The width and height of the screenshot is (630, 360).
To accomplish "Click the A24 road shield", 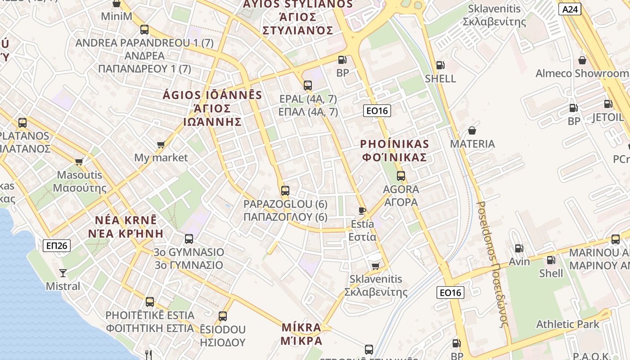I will pos(570,9).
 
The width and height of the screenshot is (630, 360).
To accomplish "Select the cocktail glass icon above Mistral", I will pos(63,273).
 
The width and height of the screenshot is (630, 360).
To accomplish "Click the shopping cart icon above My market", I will pos(161,144).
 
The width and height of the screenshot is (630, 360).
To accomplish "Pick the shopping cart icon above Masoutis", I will pos(79,162).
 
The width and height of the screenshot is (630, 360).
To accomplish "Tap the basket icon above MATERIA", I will pos(472,130).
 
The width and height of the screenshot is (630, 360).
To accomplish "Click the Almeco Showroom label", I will pos(582,73).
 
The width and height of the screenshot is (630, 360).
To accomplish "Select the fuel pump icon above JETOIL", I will pos(608,104).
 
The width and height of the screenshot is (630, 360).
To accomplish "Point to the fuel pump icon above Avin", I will pos(519,248).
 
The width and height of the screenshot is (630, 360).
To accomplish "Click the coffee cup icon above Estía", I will pos(362,210).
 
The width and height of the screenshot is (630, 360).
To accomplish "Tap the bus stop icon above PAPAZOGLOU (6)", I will pos(285,190).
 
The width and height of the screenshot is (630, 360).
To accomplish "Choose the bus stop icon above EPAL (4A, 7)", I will pos(308,85).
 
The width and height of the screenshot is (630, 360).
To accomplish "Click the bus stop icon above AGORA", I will pos(401,176).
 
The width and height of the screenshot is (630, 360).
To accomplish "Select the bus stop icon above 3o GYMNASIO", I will pos(189,238).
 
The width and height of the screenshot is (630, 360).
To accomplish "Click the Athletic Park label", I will pos(567,324).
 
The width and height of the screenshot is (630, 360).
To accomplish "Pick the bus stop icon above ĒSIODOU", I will pos(223,316).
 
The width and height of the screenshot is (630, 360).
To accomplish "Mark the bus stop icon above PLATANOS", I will pos(22,122).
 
